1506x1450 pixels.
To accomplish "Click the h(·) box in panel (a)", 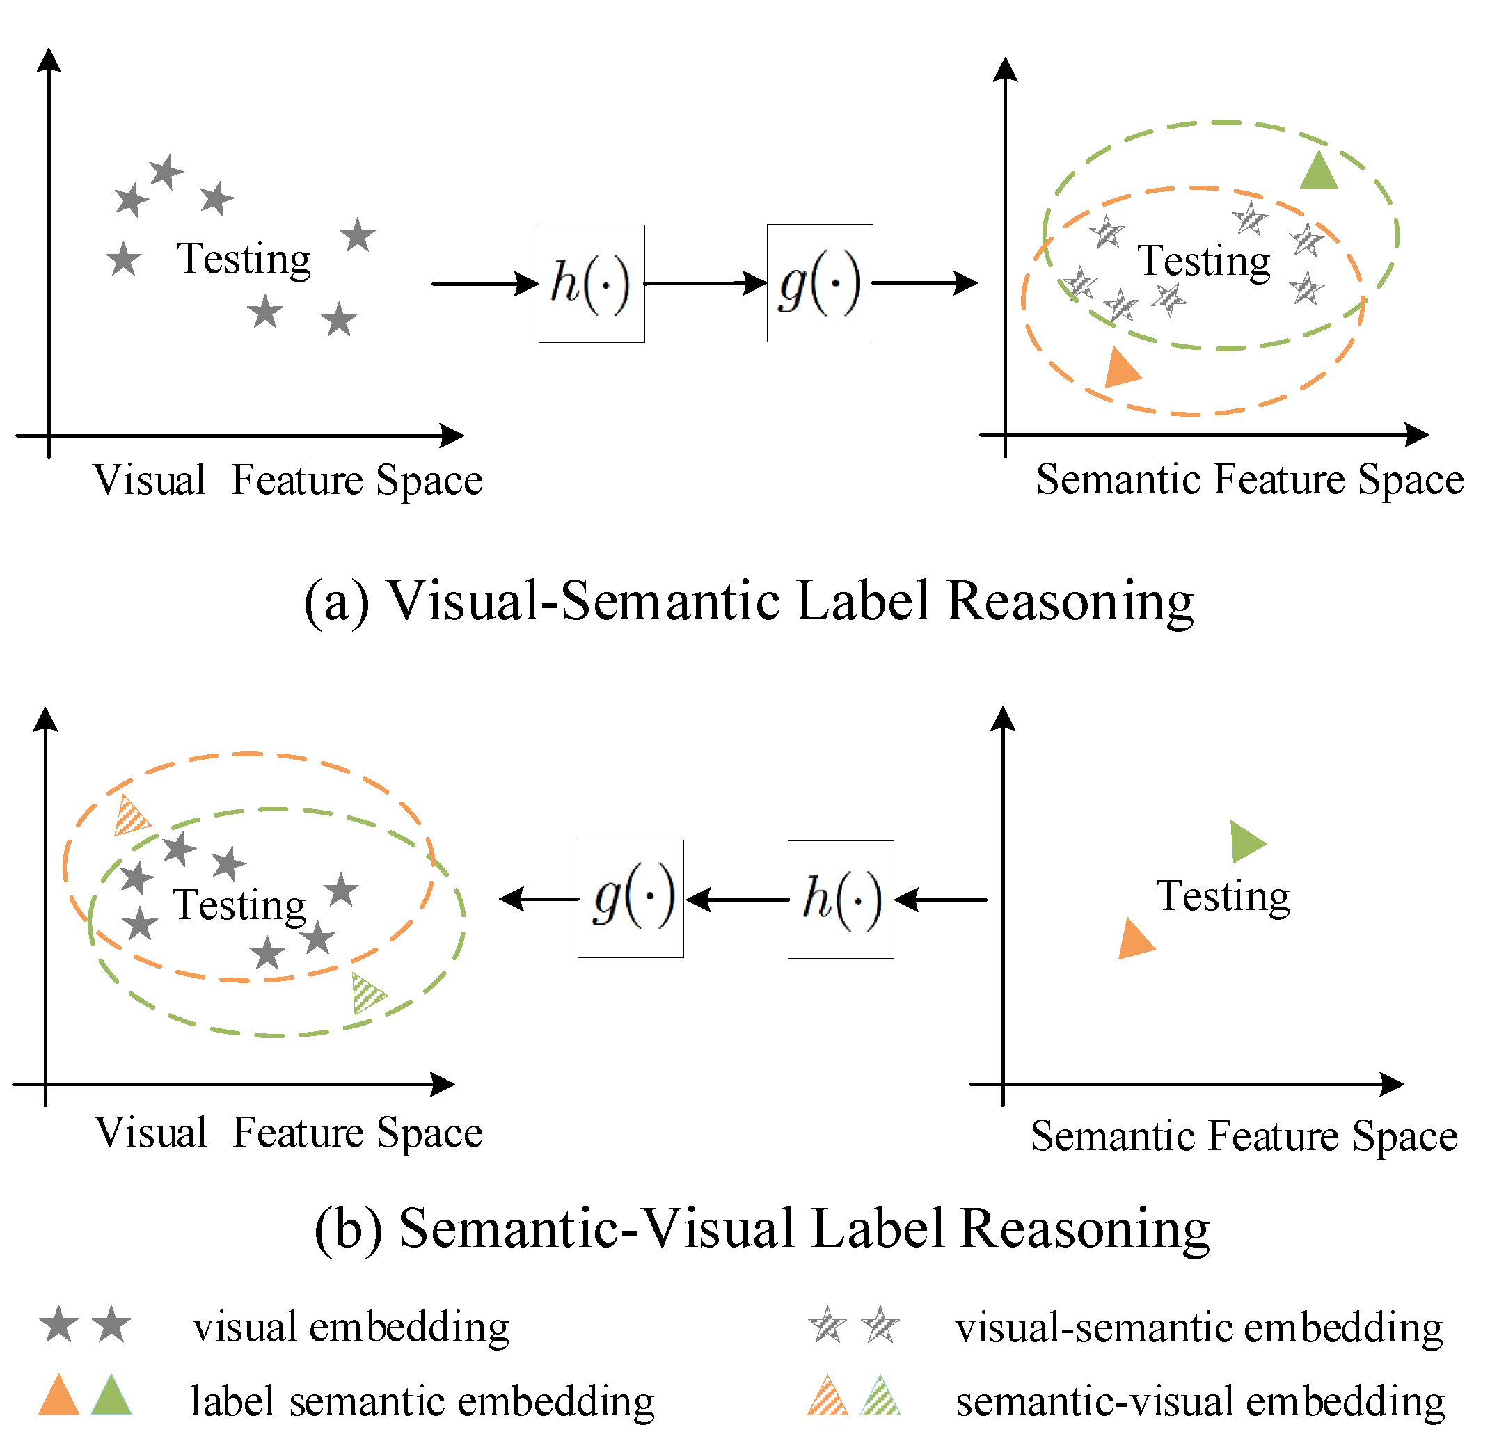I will click(591, 283).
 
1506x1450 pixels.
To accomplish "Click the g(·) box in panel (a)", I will click(819, 282).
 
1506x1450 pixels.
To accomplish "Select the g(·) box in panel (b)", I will click(630, 898).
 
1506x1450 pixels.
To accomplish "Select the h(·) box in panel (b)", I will click(840, 898).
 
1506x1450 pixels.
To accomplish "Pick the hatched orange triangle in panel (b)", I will click(130, 816).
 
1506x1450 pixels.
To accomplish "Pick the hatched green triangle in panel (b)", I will click(366, 993).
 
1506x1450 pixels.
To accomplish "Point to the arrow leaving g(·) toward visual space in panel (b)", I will click(538, 898).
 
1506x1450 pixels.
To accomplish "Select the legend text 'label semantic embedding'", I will click(422, 1401).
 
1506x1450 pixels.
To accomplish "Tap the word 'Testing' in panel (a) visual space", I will click(244, 259).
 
